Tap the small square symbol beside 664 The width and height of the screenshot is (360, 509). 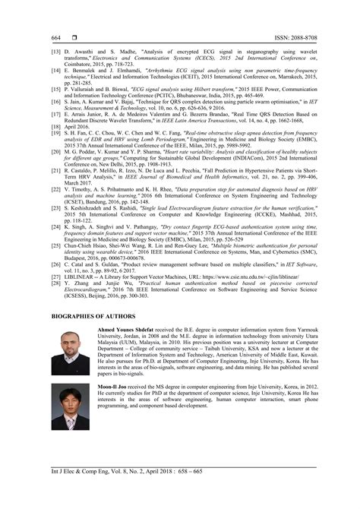point(74,37)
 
